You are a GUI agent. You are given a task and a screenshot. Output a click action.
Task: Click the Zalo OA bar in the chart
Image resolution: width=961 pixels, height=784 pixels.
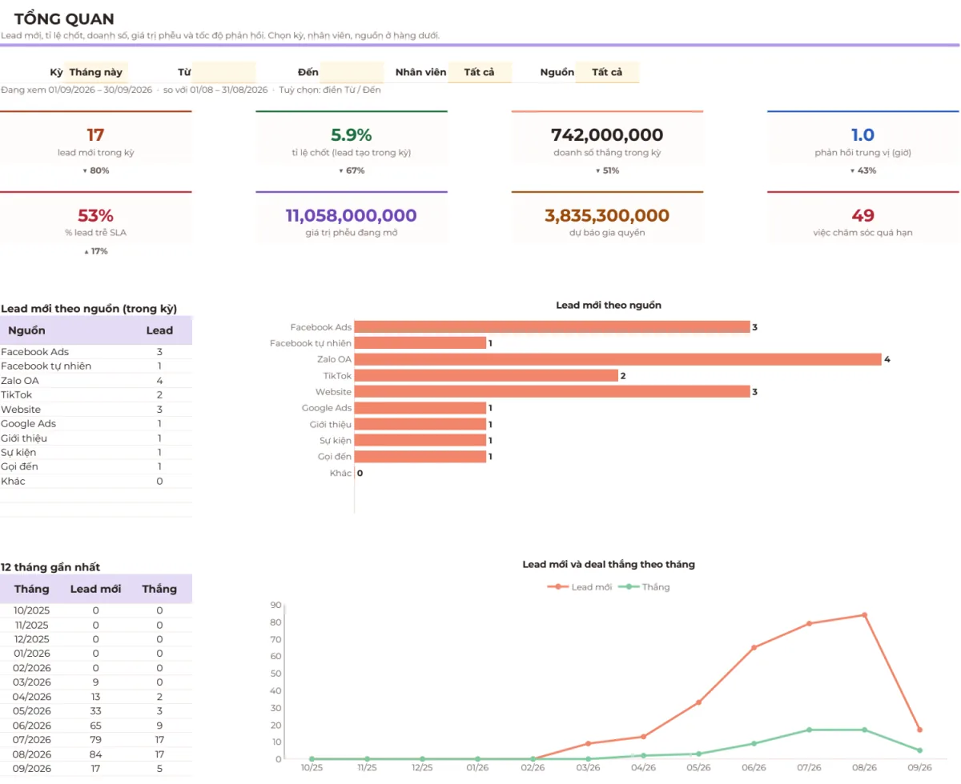617,359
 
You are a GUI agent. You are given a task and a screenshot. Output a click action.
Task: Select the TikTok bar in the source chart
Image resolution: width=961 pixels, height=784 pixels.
486,376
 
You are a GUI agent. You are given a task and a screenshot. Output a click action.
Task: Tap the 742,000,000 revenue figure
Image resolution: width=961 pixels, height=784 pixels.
607,134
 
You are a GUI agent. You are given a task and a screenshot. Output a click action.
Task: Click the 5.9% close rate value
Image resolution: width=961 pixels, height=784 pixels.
351,134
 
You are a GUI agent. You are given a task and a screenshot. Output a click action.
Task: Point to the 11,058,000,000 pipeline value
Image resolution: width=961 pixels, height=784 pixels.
351,215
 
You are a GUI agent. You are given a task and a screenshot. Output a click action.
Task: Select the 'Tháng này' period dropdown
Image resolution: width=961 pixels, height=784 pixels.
95,72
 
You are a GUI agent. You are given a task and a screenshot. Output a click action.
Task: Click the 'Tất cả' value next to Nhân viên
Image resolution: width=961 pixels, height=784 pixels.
479,72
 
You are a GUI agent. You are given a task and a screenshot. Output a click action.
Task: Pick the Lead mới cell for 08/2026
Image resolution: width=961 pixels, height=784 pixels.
95,754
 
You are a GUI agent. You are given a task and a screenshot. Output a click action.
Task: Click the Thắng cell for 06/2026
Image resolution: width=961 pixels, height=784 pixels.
159,726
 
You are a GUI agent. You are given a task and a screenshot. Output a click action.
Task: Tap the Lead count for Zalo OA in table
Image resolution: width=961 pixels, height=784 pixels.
159,380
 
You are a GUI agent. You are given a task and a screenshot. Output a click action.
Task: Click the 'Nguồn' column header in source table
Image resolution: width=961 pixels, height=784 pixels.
26,330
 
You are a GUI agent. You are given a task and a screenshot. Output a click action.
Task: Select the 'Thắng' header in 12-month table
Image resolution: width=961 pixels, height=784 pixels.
159,589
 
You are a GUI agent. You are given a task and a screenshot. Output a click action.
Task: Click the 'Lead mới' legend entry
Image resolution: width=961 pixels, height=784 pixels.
580,587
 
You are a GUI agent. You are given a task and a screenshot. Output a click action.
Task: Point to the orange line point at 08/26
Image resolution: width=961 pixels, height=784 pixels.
864,615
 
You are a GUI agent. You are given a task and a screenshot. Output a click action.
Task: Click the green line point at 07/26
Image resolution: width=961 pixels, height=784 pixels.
810,730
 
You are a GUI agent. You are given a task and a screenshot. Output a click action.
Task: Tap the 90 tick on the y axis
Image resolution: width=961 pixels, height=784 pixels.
275,605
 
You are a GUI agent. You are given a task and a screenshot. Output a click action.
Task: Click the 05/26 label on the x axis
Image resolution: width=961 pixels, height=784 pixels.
698,767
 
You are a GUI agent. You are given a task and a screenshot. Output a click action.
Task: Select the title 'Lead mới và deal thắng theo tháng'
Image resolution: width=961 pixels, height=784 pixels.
609,564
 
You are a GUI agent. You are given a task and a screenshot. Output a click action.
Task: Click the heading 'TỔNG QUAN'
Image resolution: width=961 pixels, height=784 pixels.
64,19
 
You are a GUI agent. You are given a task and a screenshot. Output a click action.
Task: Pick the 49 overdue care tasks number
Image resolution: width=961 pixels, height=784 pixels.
862,215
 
